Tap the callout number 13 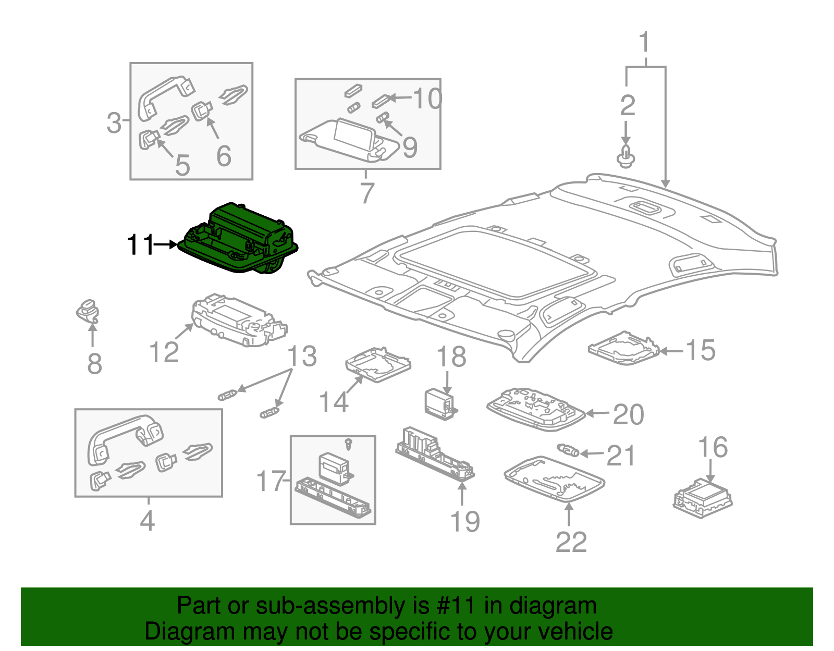(x=302, y=356)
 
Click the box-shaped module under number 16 (x=702, y=498)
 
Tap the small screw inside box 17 (x=349, y=444)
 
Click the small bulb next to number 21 (x=568, y=449)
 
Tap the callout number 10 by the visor (x=427, y=98)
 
